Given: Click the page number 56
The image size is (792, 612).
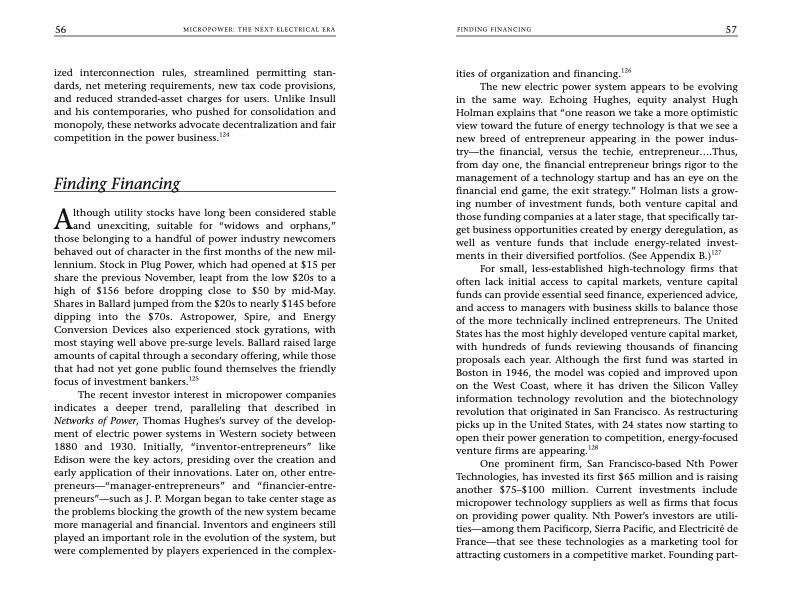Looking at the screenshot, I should pos(61,29).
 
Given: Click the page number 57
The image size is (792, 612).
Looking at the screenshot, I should pos(731,29).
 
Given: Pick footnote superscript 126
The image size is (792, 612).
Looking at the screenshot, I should pos(626,70).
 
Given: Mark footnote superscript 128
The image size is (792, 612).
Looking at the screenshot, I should pos(592,448).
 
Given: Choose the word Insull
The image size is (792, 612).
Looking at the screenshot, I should pos(317,101).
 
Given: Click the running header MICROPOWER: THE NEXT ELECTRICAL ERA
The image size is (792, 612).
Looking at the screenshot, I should pos(249,30).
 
